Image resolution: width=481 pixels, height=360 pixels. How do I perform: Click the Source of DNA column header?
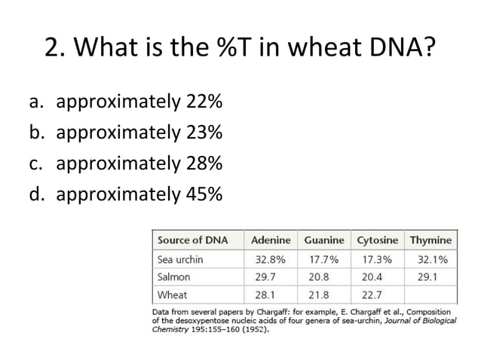pos(190,240)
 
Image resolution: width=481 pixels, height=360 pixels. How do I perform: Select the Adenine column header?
pos(271,240)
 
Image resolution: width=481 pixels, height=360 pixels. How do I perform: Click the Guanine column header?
pos(324,240)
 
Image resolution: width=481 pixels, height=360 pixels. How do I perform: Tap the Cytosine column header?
pos(377,240)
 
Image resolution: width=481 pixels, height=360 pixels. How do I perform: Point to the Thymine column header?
pos(430,240)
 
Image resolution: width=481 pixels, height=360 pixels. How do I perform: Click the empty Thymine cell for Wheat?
pos(431,294)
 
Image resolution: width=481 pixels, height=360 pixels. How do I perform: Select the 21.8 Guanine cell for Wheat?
pos(323,294)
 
